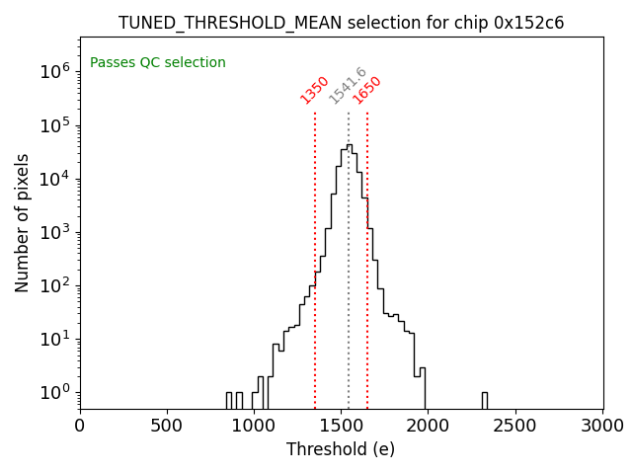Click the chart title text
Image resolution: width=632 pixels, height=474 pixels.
pyautogui.click(x=341, y=23)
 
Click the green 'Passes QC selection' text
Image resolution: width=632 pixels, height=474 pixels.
pyautogui.click(x=158, y=63)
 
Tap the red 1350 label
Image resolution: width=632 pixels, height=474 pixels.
pyautogui.click(x=315, y=90)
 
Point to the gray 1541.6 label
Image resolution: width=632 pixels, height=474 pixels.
pyautogui.click(x=348, y=86)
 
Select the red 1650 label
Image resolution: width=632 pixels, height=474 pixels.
pyautogui.click(x=367, y=90)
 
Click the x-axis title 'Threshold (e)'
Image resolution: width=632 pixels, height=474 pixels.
pyautogui.click(x=341, y=449)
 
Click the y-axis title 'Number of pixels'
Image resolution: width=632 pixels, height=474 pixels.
pyautogui.click(x=23, y=222)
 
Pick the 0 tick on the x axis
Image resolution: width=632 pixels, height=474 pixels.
pyautogui.click(x=80, y=427)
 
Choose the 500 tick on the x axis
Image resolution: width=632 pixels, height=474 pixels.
pyautogui.click(x=167, y=427)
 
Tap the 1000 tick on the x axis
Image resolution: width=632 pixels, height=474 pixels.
pyautogui.click(x=254, y=427)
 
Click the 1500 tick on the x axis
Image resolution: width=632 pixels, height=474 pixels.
pyautogui.click(x=342, y=427)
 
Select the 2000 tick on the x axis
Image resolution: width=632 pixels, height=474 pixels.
pyautogui.click(x=429, y=427)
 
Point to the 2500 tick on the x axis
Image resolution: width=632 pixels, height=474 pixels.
pyautogui.click(x=515, y=427)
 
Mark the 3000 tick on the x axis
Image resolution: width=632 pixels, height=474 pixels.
pyautogui.click(x=602, y=427)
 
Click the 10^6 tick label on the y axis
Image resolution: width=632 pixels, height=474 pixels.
pyautogui.click(x=54, y=71)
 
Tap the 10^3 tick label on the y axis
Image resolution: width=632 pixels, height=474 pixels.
pyautogui.click(x=54, y=232)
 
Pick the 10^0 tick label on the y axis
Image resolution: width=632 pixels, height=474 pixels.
pyautogui.click(x=54, y=393)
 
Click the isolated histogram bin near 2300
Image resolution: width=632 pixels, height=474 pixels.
pyautogui.click(x=485, y=400)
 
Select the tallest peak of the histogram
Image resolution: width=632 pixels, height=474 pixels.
pyautogui.click(x=349, y=146)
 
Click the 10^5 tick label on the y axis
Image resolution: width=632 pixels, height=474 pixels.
pyautogui.click(x=54, y=125)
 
